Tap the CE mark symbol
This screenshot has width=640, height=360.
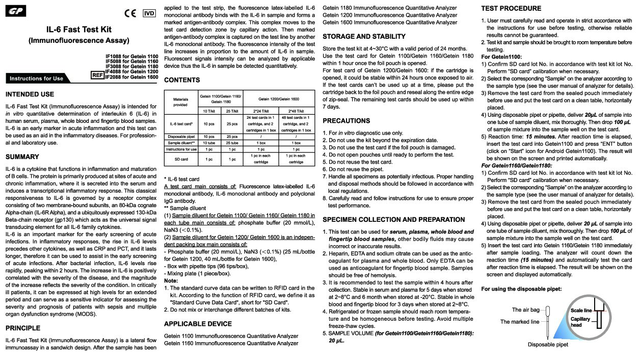coord(130,13)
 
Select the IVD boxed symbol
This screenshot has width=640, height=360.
coord(149,13)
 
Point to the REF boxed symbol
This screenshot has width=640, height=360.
coord(97,75)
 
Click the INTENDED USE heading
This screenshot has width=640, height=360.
coord(30,94)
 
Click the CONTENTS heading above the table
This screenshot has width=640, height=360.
coord(182,80)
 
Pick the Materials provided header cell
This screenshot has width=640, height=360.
coord(180,101)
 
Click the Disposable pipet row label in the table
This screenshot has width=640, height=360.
coord(180,137)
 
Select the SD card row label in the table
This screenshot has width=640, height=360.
coord(180,159)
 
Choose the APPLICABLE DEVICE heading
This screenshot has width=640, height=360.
coord(198,323)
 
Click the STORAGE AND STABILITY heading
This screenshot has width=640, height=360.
coord(364,37)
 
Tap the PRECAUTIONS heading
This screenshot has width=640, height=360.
coord(346,121)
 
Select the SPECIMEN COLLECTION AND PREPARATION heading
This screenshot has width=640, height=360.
coord(393,220)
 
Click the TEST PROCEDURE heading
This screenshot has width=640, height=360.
coord(511,8)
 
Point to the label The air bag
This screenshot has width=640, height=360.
coord(525,310)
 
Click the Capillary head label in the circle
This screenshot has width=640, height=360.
coord(580,322)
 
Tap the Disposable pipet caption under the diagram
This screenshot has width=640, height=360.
coord(547,344)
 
